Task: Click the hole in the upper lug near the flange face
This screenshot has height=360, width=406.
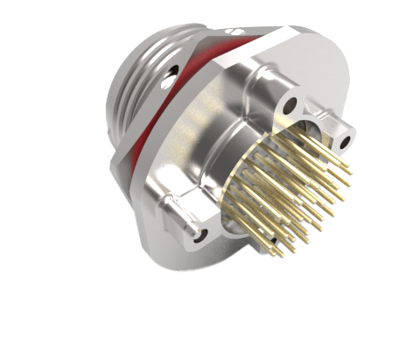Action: point(290,107)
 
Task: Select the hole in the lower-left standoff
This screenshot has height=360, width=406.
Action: point(201,235)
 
